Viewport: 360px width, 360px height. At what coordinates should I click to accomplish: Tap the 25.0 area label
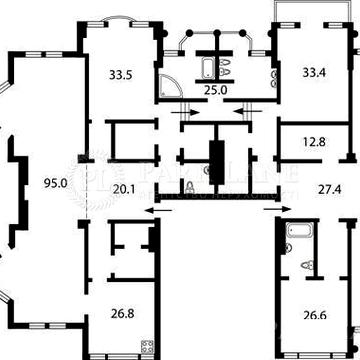tap(216, 89)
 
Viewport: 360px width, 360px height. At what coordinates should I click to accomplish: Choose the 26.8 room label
tap(122, 313)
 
